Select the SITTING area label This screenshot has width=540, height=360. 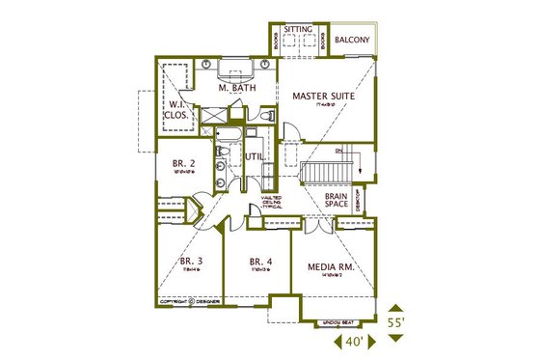pos(298,30)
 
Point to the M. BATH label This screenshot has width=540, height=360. pos(235,89)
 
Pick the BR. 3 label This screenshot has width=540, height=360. pos(191,262)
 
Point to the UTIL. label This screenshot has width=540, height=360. pos(255,156)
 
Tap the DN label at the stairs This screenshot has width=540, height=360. pos(337,152)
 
